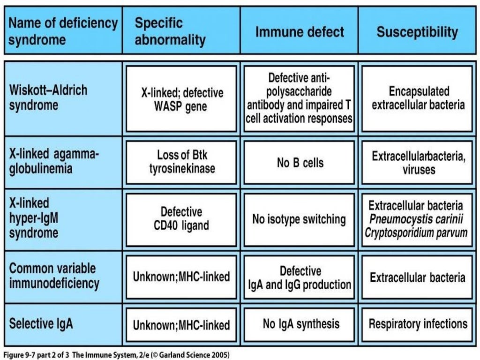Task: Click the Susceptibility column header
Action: point(417,32)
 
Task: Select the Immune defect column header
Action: point(300,32)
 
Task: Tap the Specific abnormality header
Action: point(170,31)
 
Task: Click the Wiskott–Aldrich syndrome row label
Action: point(48,97)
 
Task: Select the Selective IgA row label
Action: point(41,324)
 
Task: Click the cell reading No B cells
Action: point(300,163)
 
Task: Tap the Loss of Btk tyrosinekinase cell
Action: point(182,162)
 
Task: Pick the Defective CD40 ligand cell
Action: point(181,219)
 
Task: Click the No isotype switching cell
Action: point(299,219)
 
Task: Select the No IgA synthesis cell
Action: point(301,323)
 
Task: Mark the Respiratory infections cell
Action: point(418,323)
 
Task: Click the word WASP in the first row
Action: point(169,106)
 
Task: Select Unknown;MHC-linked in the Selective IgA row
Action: point(181,325)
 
